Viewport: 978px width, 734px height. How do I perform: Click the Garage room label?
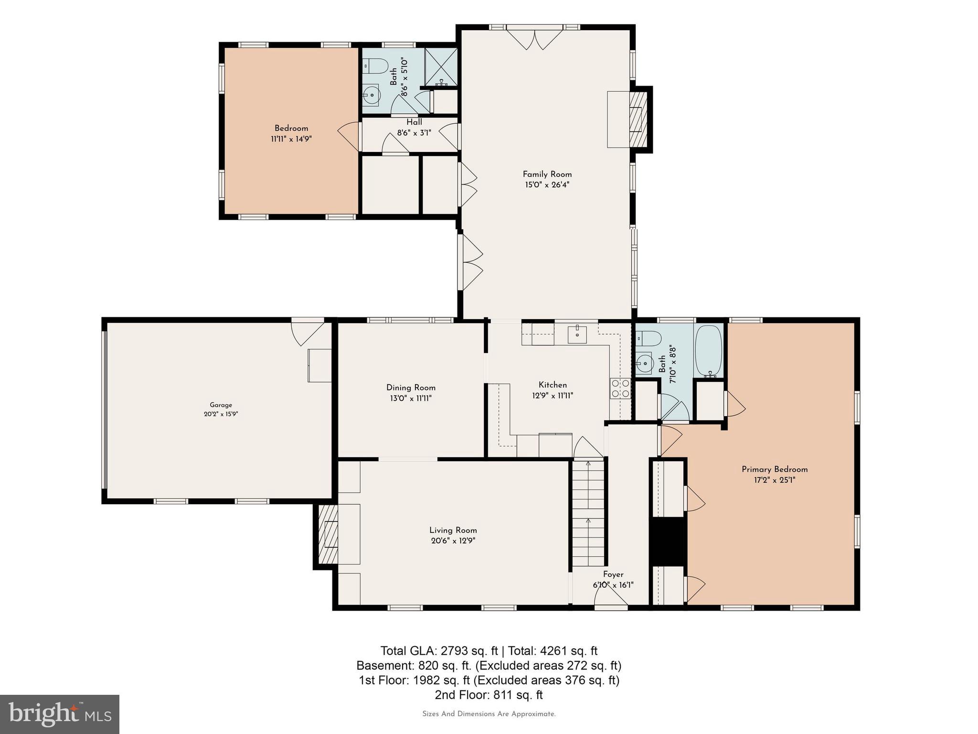click(x=221, y=405)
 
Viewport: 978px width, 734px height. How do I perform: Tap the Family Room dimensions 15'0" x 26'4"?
click(x=547, y=185)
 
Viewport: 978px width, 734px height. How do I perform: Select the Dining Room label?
click(x=411, y=388)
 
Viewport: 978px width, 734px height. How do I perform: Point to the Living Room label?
click(x=453, y=530)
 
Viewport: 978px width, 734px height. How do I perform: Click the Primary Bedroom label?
click(x=774, y=469)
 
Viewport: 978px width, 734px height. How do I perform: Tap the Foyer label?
click(x=613, y=574)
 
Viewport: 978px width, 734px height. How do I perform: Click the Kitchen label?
click(x=553, y=385)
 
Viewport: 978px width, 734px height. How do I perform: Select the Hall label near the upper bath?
click(x=414, y=122)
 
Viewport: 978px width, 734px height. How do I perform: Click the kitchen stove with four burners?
click(x=620, y=388)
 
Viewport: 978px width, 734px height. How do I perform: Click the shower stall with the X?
click(x=441, y=66)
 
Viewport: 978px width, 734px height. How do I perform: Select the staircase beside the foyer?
click(x=588, y=514)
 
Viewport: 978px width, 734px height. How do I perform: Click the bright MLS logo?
click(x=60, y=714)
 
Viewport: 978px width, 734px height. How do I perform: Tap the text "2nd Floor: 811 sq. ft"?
click(x=489, y=694)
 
